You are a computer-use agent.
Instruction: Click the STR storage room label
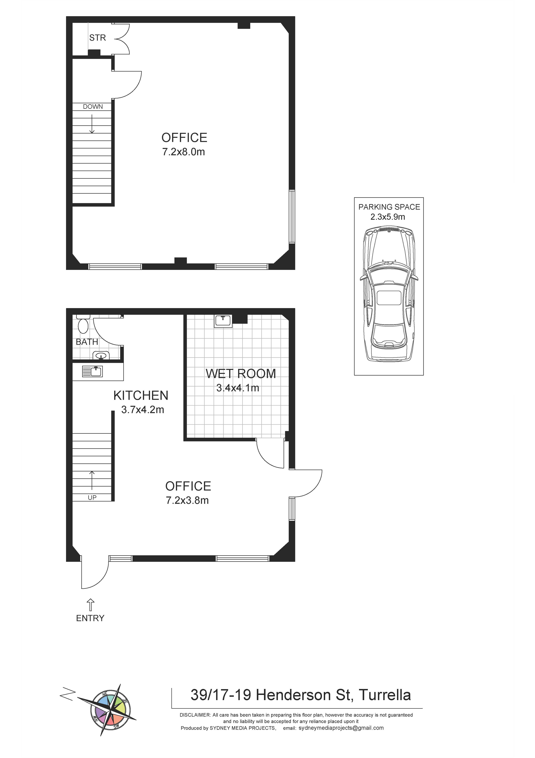98,38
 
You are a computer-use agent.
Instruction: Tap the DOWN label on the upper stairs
93,107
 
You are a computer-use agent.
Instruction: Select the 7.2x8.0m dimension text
184,152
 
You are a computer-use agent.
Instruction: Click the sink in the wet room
223,321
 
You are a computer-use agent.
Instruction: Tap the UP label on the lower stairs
92,498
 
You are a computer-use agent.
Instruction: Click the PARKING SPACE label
389,207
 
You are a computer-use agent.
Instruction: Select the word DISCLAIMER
195,715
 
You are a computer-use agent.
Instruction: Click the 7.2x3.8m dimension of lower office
187,500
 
